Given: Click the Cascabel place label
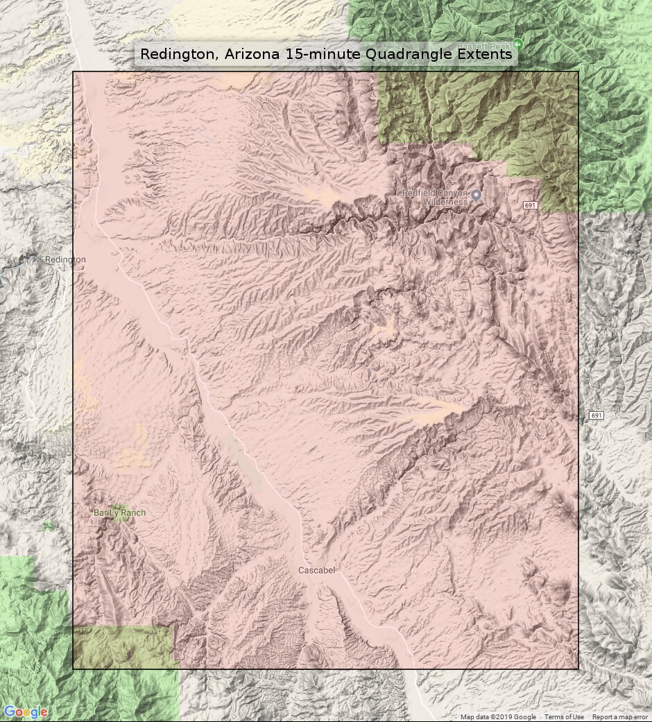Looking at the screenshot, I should point(316,570).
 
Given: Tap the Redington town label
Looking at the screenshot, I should point(65,259).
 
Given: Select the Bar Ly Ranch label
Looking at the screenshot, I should point(119,513).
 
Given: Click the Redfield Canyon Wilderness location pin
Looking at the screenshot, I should point(476,196).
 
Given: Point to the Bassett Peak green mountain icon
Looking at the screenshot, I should point(517,44).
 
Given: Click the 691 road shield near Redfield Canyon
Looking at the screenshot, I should point(531,205).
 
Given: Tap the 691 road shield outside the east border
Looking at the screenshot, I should point(596,415).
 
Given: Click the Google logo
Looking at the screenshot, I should point(26,712).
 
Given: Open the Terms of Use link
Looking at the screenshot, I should point(563,717).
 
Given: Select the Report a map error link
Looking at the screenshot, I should point(619,717).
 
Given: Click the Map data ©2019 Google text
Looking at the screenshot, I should point(498,717).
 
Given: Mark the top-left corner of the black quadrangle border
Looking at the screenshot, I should point(73,71).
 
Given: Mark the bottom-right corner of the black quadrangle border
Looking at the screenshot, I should point(578,669).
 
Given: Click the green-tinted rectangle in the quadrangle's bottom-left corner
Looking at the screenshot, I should point(122,647).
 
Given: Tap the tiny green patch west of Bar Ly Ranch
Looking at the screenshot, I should point(48,526).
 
